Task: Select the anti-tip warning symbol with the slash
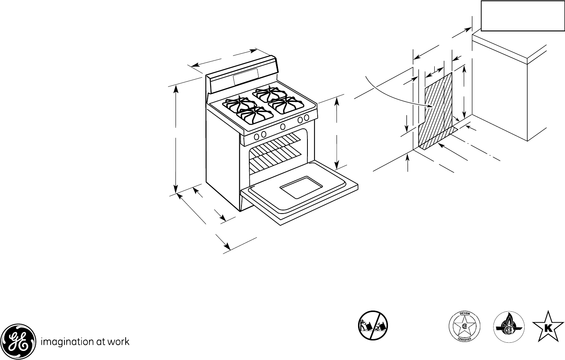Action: pos(373,326)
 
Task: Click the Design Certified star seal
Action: pos(464,327)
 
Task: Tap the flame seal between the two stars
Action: pos(509,327)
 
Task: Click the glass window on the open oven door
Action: pos(300,186)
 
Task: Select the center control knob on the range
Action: pos(282,126)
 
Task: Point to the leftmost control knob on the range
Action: pos(256,136)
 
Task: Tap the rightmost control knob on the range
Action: pos(307,118)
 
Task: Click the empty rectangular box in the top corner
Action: pos(521,15)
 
